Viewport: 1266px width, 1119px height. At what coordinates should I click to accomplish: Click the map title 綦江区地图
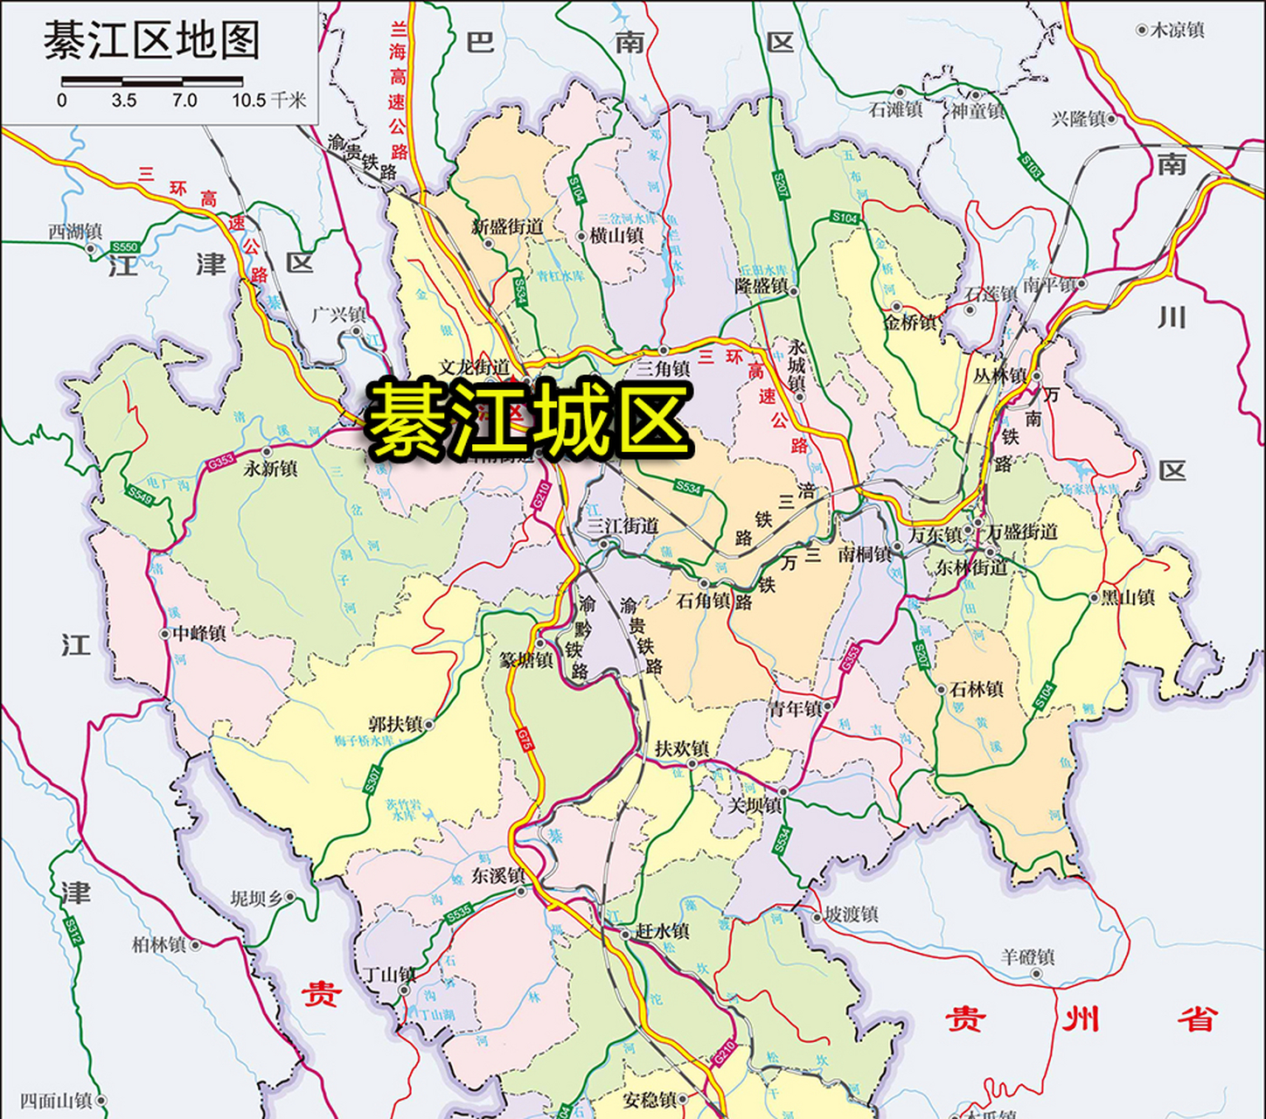tap(152, 41)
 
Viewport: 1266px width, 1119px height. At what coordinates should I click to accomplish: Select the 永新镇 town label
tap(271, 469)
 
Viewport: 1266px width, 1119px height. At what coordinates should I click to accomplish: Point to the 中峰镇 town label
tap(199, 633)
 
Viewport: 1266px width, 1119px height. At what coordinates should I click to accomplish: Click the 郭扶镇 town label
tap(395, 724)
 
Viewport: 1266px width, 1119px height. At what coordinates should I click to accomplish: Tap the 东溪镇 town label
tap(497, 875)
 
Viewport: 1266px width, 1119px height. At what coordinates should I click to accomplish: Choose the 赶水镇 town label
tap(662, 931)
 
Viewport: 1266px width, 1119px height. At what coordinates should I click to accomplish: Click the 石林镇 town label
tap(977, 689)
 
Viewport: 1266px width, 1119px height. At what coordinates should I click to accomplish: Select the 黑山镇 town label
tap(1128, 598)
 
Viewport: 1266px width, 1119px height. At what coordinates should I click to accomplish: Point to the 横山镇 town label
tap(616, 236)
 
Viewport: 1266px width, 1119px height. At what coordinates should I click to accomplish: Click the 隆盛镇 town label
tap(761, 286)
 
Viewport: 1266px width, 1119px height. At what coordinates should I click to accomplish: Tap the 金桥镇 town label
tap(909, 323)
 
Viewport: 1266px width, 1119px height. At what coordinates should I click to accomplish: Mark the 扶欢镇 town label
tap(682, 748)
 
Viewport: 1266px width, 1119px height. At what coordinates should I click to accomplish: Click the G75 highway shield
tap(525, 740)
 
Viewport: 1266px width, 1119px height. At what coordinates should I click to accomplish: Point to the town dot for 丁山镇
tap(404, 990)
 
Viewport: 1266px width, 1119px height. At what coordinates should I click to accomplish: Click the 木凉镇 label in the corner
tap(1177, 31)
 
